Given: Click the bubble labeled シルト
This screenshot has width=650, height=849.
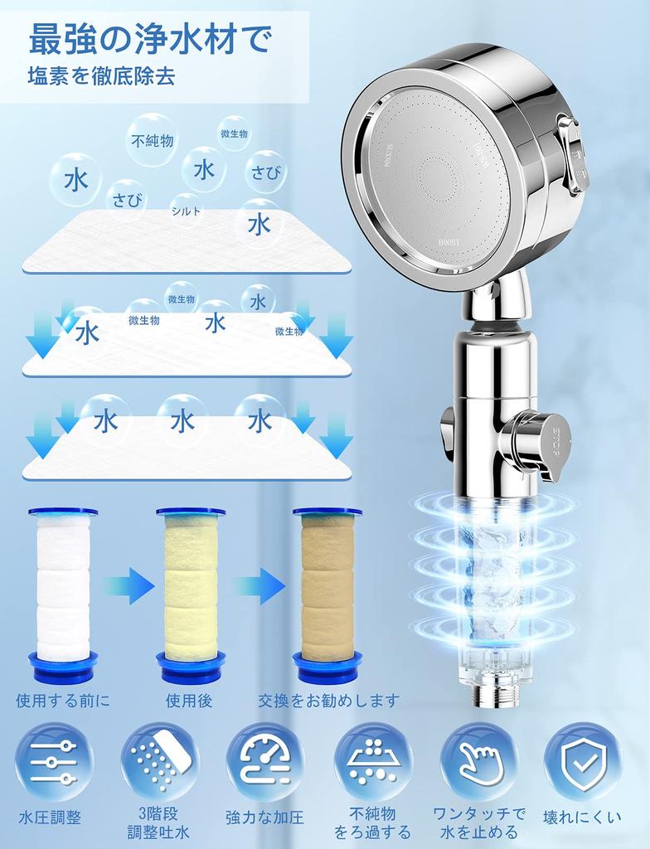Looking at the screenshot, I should click(187, 211).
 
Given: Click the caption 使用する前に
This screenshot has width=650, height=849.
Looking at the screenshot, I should click(63, 701).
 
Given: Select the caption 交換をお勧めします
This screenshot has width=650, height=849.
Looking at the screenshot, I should click(328, 701).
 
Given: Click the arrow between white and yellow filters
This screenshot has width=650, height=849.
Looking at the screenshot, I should click(129, 587).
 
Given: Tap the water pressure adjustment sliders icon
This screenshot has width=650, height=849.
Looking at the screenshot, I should click(54, 761).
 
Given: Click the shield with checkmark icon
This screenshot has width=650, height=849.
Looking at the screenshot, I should click(583, 761).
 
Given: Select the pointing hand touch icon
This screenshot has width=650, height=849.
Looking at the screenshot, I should click(478, 761).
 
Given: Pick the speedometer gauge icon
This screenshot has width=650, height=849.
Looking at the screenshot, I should click(265, 761).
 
